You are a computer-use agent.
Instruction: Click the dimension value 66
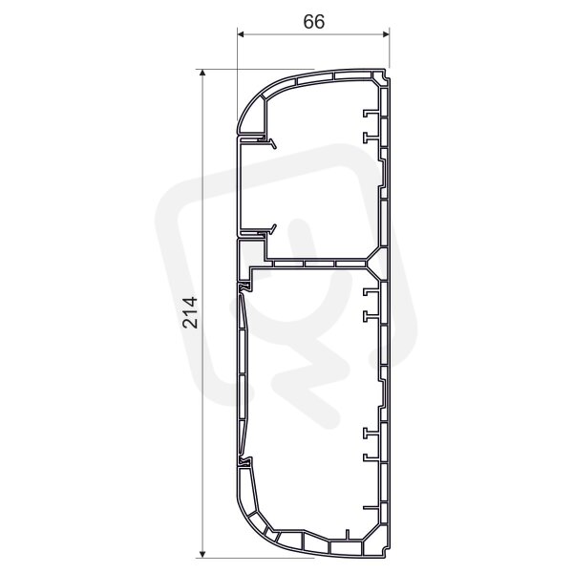(x=313, y=22)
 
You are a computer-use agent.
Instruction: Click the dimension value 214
(x=190, y=312)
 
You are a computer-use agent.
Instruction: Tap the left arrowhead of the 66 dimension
(x=241, y=34)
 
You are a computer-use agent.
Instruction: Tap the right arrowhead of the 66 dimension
(x=386, y=34)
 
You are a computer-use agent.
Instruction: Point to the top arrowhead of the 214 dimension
(x=202, y=73)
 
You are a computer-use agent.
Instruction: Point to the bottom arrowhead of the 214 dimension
(x=202, y=554)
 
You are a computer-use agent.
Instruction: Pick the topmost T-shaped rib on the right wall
(x=370, y=114)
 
